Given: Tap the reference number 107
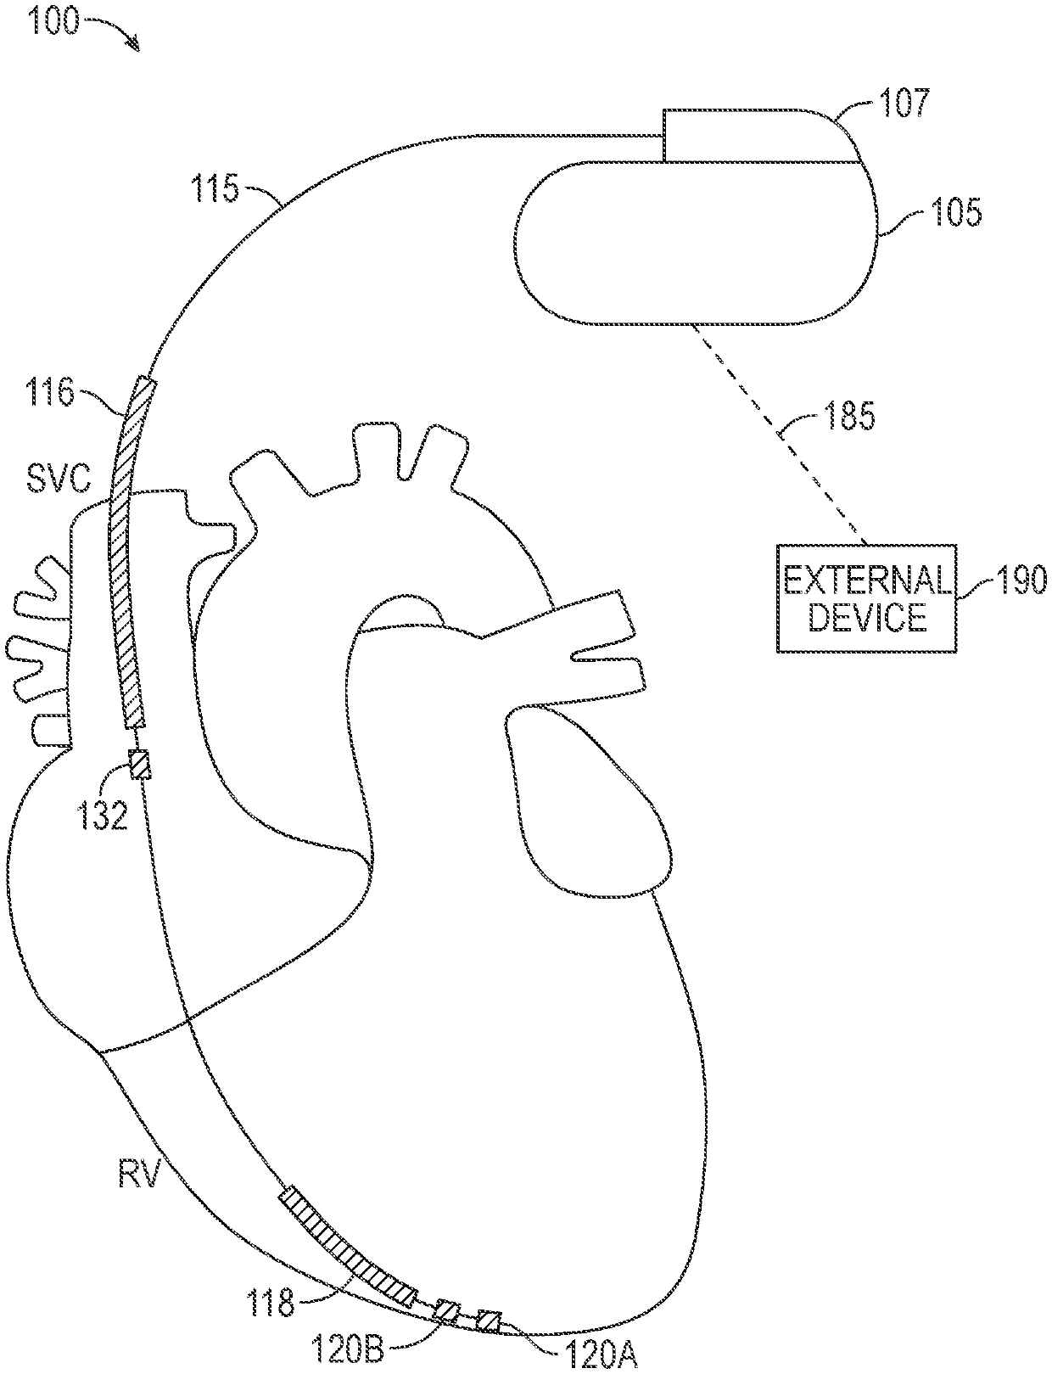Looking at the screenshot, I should pyautogui.click(x=902, y=104).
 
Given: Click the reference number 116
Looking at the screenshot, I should pyautogui.click(x=52, y=393).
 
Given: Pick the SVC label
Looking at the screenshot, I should pyautogui.click(x=57, y=479).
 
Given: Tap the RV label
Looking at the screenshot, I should pyautogui.click(x=138, y=1177).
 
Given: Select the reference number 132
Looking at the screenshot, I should pyautogui.click(x=103, y=817).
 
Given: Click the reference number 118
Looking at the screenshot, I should pyautogui.click(x=271, y=1301).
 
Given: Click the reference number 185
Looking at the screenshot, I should pyautogui.click(x=849, y=418).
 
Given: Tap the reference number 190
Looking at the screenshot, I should pyautogui.click(x=1021, y=580).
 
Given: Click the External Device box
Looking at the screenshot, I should pyautogui.click(x=866, y=598).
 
